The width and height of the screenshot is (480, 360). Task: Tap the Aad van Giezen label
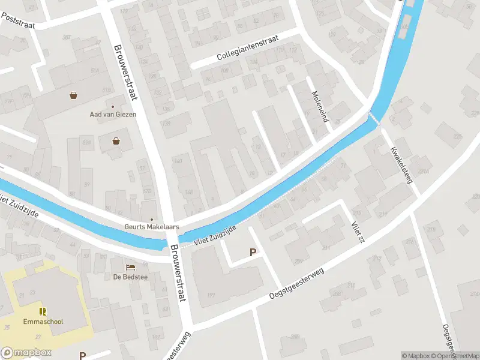(113, 114)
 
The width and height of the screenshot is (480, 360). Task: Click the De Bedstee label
(130, 277)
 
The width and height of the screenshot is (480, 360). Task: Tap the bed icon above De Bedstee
(130, 267)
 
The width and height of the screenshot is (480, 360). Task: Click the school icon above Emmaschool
(42, 311)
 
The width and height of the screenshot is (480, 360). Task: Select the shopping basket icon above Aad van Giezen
(73, 95)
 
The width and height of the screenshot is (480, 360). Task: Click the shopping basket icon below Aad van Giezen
(115, 142)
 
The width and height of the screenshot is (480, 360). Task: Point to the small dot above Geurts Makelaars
(151, 219)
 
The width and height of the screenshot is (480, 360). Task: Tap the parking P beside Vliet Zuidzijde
(253, 253)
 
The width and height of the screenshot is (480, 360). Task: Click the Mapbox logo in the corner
(26, 353)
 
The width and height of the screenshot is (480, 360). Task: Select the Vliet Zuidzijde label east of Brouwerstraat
(214, 235)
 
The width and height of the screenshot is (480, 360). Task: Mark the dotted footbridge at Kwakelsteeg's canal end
(374, 118)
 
